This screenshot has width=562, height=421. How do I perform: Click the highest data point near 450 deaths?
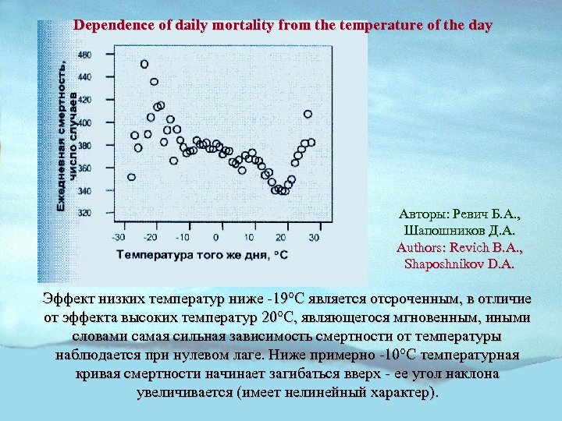144,64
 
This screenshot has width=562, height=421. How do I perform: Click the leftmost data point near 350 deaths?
131,177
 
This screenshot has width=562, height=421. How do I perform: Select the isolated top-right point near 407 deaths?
308,114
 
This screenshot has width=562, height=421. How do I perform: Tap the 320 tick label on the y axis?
84,213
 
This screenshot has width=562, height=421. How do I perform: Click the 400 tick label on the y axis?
84,122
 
